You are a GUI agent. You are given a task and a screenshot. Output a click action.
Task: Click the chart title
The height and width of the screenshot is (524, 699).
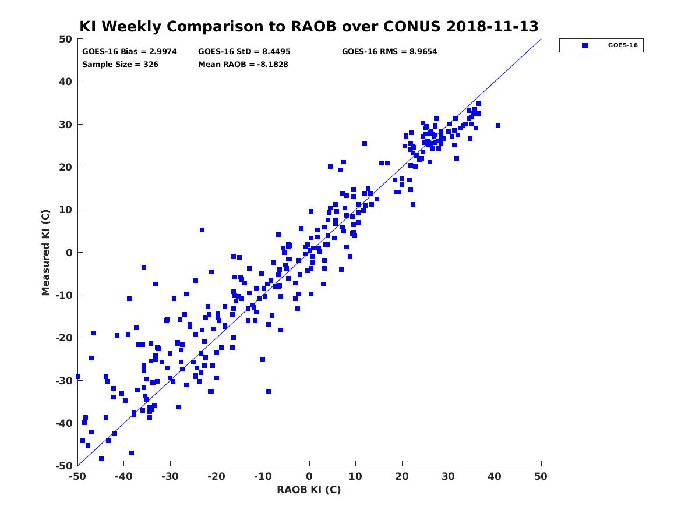pos(309,26)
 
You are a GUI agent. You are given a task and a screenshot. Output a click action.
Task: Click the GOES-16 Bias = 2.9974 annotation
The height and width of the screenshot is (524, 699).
pos(129,52)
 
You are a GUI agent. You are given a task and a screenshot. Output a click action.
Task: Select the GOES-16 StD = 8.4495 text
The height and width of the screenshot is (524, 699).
pos(244,52)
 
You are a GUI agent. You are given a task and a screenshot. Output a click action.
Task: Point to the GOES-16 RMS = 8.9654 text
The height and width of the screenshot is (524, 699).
pos(389,52)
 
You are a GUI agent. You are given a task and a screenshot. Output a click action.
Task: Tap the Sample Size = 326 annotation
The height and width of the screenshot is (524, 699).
pos(120,64)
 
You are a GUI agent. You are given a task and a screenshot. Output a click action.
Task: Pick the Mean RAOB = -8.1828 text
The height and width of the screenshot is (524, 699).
pos(243,64)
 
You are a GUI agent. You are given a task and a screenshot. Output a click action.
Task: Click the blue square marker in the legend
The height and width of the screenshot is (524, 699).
pos(585,45)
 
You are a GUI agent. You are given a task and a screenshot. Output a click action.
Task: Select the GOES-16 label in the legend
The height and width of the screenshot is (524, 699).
pos(623,45)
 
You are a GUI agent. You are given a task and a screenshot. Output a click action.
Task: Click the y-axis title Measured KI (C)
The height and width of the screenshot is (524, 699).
pos(45,252)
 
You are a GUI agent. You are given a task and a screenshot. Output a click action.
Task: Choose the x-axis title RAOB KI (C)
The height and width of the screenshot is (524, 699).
pos(309,490)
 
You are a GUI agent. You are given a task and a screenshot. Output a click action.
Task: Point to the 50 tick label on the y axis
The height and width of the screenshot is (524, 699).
pos(66,39)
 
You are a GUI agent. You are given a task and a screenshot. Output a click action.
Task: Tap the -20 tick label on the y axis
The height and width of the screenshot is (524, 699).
pos(64,338)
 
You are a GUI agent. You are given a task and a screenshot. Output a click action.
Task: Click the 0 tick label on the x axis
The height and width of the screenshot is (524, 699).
pos(309,477)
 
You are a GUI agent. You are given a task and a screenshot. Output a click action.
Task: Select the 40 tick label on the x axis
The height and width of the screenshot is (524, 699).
pos(495,477)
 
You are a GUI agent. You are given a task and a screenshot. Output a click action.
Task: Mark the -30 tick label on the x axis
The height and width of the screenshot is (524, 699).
pos(170,477)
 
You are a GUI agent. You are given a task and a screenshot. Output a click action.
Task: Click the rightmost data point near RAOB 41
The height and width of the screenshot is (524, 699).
pos(497,125)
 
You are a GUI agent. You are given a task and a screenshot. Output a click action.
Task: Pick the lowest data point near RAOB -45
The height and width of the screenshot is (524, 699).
pos(101,459)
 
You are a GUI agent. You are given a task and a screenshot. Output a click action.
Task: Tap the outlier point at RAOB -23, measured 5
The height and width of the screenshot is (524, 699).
pos(202,230)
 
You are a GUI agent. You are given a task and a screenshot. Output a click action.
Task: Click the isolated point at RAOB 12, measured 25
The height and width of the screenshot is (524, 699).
pos(364,144)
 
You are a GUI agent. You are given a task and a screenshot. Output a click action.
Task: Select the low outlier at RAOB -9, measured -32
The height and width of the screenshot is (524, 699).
pos(269,391)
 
